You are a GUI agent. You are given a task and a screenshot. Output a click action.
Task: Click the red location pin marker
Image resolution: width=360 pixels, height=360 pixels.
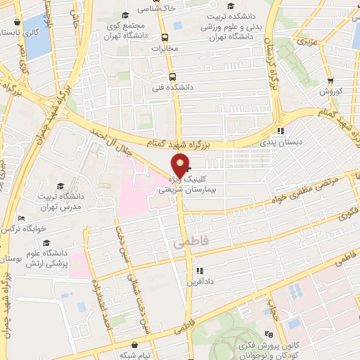(x=180, y=166)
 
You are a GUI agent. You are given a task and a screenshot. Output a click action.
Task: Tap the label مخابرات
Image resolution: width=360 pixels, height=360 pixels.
(x=165, y=49)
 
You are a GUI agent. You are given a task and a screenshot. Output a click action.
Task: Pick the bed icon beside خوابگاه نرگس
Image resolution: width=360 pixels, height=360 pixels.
(x=21, y=218)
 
